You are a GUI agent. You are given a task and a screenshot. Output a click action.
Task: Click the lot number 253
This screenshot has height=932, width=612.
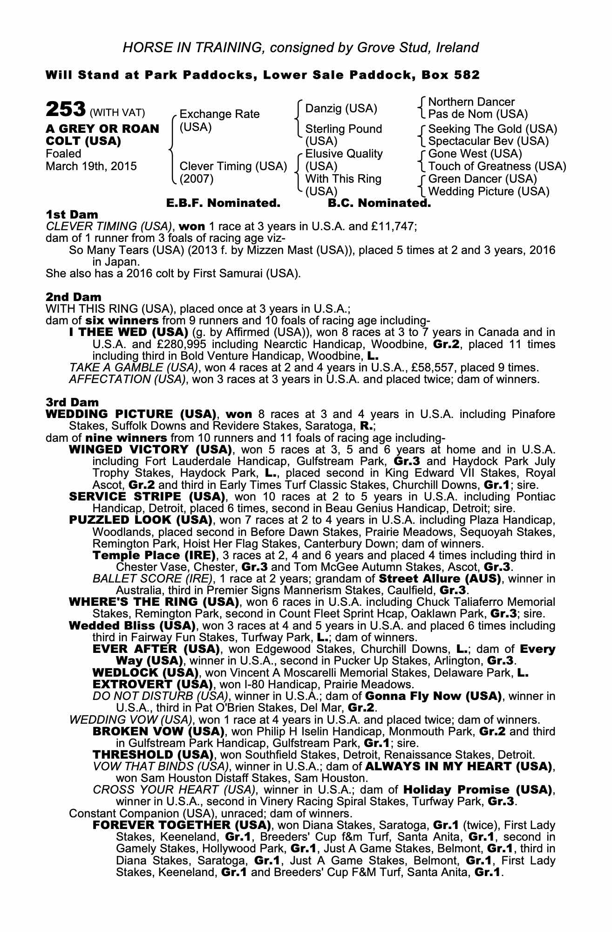point(65,110)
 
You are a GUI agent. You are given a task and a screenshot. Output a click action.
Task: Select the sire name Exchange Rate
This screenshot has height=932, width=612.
point(219,114)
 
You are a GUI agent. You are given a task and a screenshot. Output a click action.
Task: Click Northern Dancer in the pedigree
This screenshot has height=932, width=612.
point(471,102)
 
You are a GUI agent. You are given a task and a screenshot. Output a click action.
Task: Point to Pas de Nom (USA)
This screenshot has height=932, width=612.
point(478,114)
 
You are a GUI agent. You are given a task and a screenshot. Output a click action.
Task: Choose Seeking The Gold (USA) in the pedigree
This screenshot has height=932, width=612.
point(492,129)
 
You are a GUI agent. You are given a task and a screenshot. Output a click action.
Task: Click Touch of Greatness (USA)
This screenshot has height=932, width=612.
point(497,166)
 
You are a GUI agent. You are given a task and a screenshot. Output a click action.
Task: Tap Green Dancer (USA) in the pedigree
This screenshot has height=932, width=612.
point(483,179)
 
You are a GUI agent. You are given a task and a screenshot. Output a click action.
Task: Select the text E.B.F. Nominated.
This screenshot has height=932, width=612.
point(223,203)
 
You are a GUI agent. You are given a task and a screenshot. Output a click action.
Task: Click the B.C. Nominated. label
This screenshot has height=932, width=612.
point(379,203)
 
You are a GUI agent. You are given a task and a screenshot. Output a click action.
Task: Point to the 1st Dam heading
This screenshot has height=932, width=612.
point(72,215)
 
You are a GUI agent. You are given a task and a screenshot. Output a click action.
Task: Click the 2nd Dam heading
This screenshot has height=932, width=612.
point(73,297)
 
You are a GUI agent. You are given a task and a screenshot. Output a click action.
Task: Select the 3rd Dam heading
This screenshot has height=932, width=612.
point(72,402)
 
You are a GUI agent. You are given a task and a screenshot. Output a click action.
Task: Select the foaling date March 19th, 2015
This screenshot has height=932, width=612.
point(91,166)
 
